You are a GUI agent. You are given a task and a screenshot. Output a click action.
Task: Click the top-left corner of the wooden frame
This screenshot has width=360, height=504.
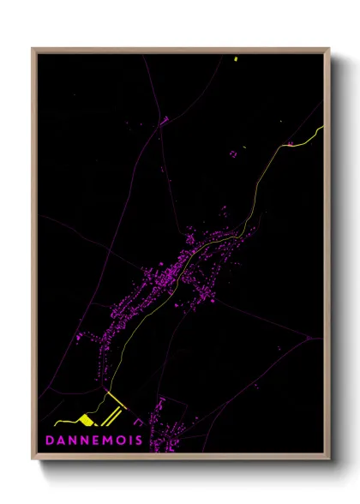(33, 49)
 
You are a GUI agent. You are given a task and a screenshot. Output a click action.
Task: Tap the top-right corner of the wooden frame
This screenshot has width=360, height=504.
(329, 49)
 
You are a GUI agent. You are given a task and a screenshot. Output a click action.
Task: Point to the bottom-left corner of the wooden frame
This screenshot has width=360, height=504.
(33, 460)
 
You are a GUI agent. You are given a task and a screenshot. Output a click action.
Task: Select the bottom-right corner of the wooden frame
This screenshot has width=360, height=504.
(329, 460)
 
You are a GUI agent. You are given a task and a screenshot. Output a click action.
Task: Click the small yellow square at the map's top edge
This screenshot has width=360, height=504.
(235, 58)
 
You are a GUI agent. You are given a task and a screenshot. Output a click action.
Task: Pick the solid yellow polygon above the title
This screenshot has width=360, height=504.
(87, 419)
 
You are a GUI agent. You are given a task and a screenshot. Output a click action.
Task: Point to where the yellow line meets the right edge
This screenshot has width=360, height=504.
(323, 128)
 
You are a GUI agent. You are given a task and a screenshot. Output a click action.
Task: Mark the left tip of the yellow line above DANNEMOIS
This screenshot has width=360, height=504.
(55, 423)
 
